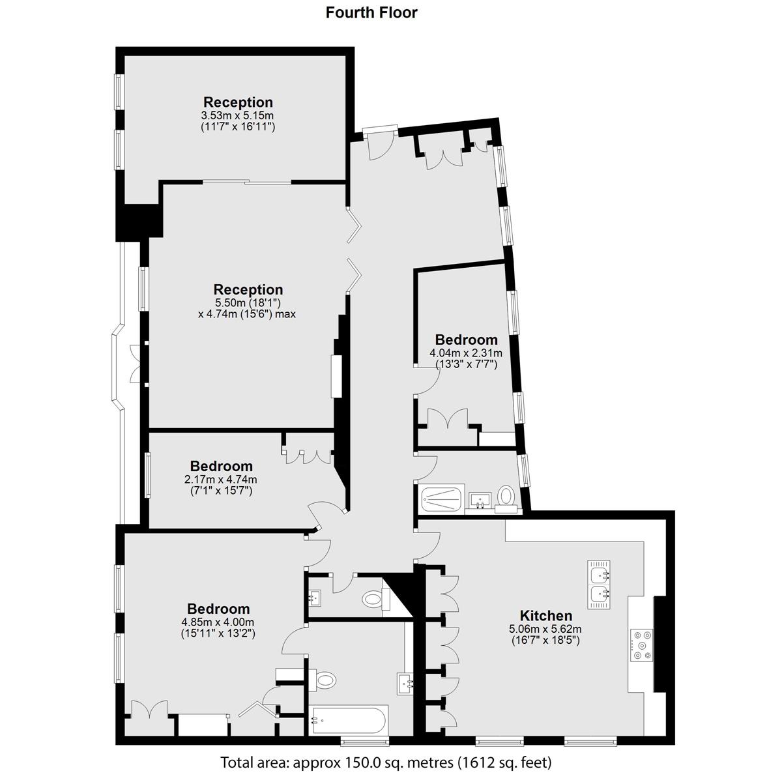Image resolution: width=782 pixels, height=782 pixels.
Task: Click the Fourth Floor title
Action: click(371, 13)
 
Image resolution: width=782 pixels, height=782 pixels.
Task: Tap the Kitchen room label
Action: click(546, 616)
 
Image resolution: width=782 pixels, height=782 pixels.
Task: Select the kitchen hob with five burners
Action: click(642, 645)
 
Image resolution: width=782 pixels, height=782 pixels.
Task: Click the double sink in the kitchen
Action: click(599, 585)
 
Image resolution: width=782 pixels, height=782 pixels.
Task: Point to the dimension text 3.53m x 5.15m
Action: click(238, 115)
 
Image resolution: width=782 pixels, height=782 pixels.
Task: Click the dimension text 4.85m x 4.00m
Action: click(218, 622)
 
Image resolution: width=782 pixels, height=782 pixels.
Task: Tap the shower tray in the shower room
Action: click(442, 499)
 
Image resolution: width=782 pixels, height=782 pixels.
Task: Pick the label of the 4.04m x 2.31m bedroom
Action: click(467, 340)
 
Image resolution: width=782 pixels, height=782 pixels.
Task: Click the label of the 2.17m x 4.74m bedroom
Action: click(221, 466)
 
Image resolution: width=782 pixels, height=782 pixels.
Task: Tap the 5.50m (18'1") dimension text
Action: click(248, 303)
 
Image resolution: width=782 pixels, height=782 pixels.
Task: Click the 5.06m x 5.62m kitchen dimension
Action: click(545, 629)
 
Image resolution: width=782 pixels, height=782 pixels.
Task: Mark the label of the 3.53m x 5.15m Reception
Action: click(239, 102)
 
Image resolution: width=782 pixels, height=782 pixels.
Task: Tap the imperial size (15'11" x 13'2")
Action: click(218, 633)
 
